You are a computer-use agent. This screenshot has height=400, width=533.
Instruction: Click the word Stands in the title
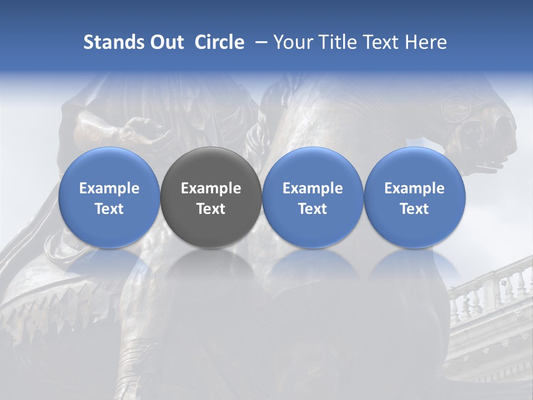pyautogui.click(x=113, y=42)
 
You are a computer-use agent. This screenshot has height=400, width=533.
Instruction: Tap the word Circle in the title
pyautogui.click(x=219, y=42)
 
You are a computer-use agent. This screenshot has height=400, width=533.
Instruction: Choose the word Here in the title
pyautogui.click(x=426, y=42)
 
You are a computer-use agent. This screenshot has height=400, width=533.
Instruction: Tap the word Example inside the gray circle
pyautogui.click(x=211, y=188)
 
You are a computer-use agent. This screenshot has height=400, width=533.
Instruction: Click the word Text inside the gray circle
pyautogui.click(x=211, y=209)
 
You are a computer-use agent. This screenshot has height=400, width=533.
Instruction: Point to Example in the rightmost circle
pyautogui.click(x=415, y=188)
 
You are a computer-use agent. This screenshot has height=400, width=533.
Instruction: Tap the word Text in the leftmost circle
pyautogui.click(x=109, y=209)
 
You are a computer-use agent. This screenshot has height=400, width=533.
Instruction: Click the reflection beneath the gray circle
pyautogui.click(x=211, y=267)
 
